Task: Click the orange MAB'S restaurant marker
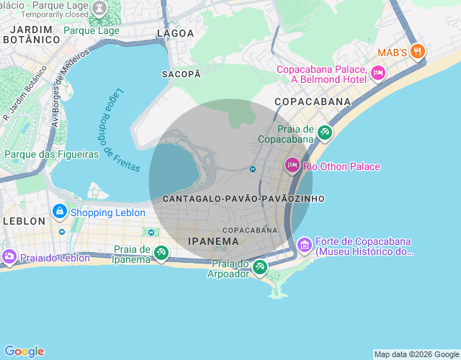(419, 52)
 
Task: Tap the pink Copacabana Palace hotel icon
(378, 73)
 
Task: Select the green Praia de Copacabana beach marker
(325, 132)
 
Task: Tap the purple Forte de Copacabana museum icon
(305, 246)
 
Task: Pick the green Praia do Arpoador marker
(259, 268)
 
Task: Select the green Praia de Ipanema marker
(161, 253)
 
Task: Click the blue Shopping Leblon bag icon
(60, 212)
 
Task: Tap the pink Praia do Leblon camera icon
(9, 257)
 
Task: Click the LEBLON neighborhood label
(23, 221)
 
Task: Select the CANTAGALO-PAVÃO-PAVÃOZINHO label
(243, 198)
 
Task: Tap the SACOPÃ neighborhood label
(181, 74)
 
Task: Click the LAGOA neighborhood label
(176, 33)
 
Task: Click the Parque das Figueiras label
(51, 154)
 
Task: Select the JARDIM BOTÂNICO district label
(31, 35)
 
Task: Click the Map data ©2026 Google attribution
(416, 354)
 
